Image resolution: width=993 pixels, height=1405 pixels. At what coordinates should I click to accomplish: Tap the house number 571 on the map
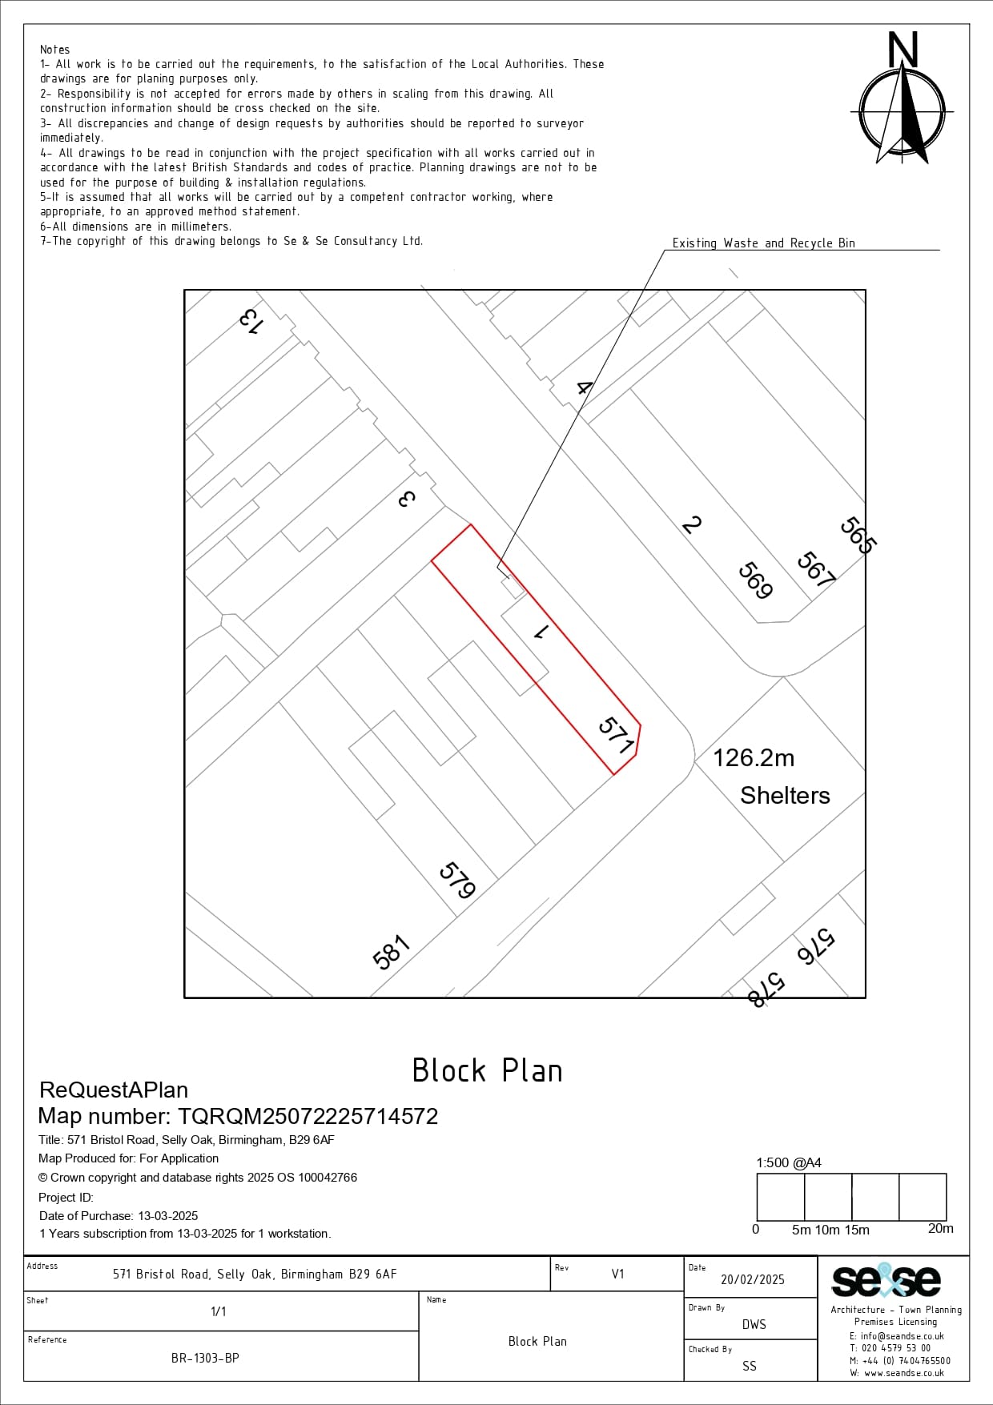tap(617, 736)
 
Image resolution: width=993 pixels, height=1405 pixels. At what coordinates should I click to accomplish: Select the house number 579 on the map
tap(458, 880)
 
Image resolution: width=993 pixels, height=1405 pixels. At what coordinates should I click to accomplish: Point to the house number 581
tap(392, 952)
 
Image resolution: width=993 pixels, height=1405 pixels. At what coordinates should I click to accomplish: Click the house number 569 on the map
tap(755, 580)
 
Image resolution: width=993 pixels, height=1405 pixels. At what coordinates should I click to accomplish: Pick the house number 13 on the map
tap(250, 321)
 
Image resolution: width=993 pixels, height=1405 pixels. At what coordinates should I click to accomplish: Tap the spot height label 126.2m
tap(754, 757)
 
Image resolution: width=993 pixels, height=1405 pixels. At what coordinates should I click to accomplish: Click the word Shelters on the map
tap(785, 795)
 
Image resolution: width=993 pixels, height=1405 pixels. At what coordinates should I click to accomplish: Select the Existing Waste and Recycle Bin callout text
tap(763, 243)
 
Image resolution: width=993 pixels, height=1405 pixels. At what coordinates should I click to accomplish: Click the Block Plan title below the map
tap(487, 1070)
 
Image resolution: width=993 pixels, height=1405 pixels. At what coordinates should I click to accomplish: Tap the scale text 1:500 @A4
tap(789, 1162)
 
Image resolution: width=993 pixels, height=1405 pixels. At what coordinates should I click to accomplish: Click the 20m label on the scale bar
tap(940, 1228)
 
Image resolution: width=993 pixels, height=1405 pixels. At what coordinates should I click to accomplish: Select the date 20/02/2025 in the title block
tap(753, 1279)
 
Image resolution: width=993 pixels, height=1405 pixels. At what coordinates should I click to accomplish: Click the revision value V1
tap(617, 1274)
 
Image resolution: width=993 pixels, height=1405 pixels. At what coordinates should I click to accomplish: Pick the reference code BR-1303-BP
tap(205, 1358)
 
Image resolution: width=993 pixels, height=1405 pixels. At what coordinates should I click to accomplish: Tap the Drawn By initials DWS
tap(754, 1324)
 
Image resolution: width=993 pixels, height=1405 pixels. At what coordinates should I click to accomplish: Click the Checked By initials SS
tap(750, 1366)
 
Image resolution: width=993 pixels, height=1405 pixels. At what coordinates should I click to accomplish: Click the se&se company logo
tap(886, 1280)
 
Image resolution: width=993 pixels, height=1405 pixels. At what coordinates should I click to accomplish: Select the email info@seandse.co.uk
tap(897, 1336)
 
